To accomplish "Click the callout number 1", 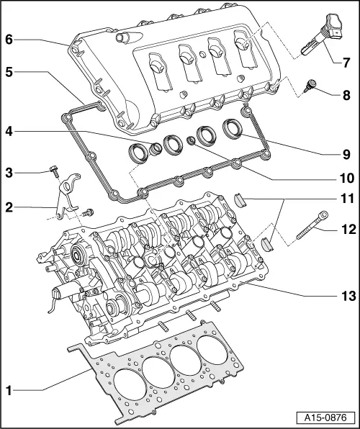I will pos(9,391).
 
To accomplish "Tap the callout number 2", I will pos(9,207).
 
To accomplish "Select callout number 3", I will pos(9,171).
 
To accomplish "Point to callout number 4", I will pos(9,132).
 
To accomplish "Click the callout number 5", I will pos(9,72).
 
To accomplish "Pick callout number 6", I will pos(9,40).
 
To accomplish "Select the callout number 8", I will pos(347,94).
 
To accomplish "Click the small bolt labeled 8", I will pos(312,89).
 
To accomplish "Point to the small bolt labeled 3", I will pos(54,171).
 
